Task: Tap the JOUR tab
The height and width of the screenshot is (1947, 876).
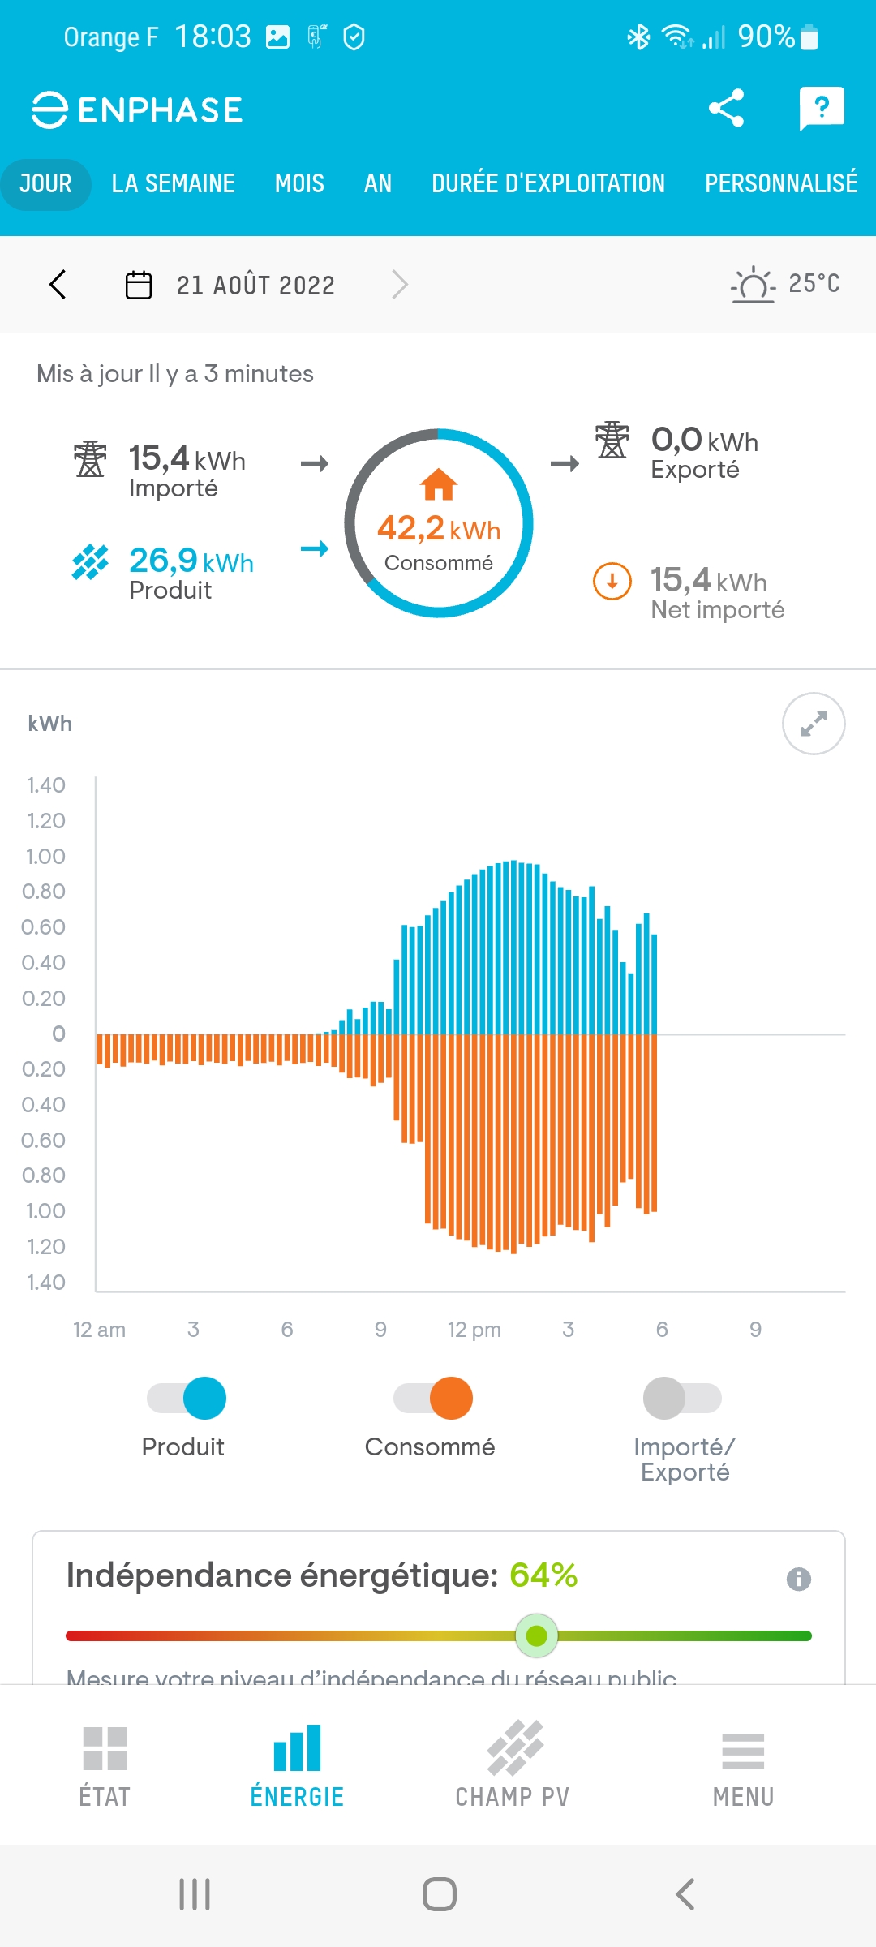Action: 45,184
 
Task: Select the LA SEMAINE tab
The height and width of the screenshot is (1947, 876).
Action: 173,184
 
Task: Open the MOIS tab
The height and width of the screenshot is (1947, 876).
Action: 299,184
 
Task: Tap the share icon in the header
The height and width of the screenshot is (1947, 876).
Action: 726,109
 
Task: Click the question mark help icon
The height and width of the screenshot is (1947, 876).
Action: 821,108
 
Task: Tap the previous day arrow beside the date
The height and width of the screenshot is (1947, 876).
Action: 58,285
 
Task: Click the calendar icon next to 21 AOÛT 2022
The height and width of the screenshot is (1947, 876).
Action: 139,286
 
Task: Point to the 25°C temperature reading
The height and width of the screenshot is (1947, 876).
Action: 814,283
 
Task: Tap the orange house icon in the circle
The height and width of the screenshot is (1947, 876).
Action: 439,484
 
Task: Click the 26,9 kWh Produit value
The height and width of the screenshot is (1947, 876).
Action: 191,561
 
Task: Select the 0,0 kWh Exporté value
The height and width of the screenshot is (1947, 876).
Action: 704,441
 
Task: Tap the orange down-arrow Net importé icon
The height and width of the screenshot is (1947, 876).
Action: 612,582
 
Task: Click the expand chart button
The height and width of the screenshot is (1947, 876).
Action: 814,724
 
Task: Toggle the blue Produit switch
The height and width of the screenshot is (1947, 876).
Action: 187,1398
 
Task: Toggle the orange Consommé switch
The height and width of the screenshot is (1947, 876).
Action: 434,1398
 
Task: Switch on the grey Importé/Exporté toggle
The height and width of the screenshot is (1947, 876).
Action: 682,1398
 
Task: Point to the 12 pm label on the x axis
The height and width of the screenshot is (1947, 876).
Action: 474,1330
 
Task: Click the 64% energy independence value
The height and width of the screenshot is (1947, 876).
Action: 543,1575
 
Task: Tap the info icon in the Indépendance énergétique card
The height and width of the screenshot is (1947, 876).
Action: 799,1579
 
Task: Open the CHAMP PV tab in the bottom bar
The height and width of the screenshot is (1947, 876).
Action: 513,1764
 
